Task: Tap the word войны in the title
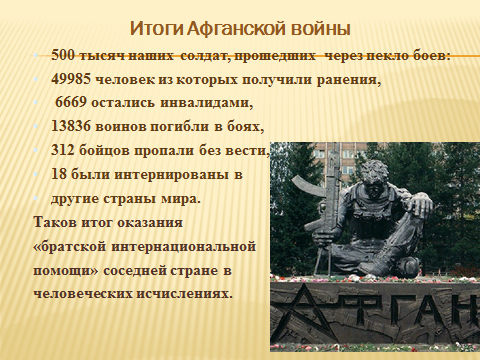[x=321, y=29]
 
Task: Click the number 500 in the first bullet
[x=63, y=55]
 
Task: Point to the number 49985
[x=71, y=79]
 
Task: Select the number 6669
[x=71, y=103]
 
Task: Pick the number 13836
[x=71, y=127]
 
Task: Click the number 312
[x=63, y=150]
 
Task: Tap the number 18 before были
[x=59, y=174]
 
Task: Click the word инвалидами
[x=207, y=103]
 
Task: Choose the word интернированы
[x=172, y=175]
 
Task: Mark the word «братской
[x=70, y=247]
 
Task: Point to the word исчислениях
[x=184, y=294]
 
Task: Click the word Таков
[x=55, y=222]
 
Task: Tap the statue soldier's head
[x=375, y=176]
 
